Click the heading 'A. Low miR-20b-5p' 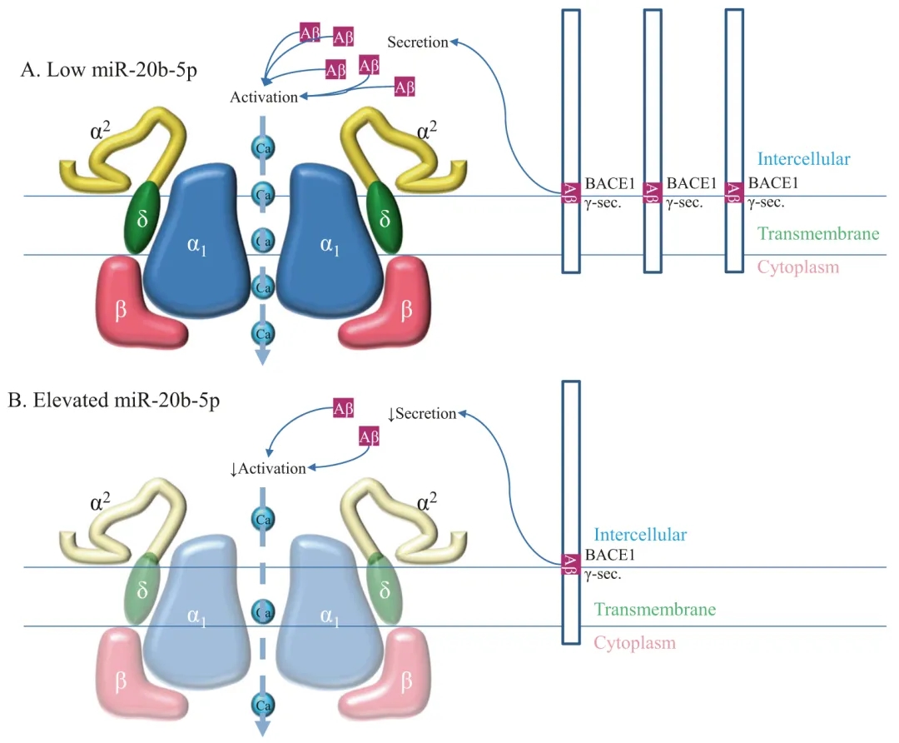[x=109, y=70]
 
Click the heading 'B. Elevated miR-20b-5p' [x=113, y=400]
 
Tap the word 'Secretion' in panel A [x=417, y=42]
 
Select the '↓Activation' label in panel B [x=268, y=469]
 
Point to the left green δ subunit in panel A [x=142, y=217]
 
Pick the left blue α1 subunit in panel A [x=196, y=241]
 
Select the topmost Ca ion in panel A [x=263, y=148]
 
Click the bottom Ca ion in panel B [x=263, y=706]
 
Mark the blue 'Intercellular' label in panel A [x=804, y=159]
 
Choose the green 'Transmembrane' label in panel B [x=655, y=610]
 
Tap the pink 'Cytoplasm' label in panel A [x=798, y=267]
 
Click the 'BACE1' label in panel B [x=610, y=555]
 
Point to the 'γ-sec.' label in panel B [x=603, y=574]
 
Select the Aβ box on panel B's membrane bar [x=570, y=564]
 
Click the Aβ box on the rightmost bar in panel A [x=734, y=192]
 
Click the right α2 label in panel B [x=426, y=501]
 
